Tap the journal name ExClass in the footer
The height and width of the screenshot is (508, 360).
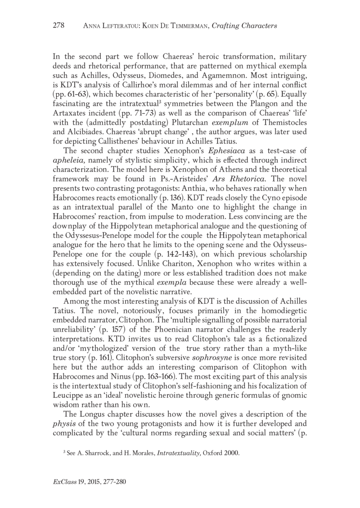point(63,495)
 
